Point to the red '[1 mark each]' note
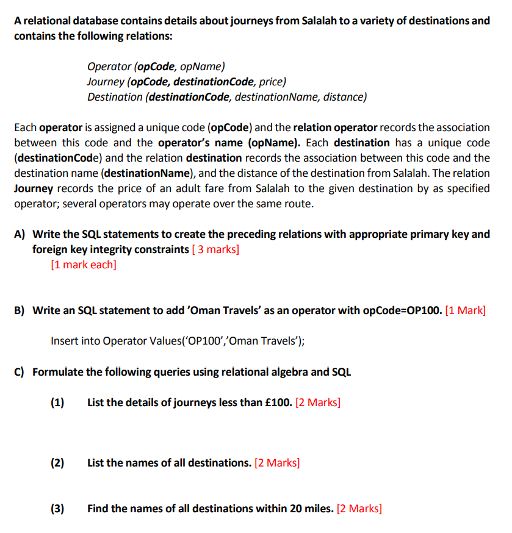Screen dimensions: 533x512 (x=84, y=265)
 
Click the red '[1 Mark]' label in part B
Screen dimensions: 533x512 (x=466, y=310)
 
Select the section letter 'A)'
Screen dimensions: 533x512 (x=20, y=234)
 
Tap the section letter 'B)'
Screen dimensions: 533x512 (x=20, y=310)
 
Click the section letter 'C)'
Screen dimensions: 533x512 (x=20, y=371)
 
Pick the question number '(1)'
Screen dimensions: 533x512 (x=57, y=402)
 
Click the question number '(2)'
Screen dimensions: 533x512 (x=57, y=463)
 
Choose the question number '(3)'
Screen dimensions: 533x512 (x=57, y=509)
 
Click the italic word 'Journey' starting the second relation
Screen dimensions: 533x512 (x=105, y=81)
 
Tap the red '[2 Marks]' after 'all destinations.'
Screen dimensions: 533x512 (x=277, y=463)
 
